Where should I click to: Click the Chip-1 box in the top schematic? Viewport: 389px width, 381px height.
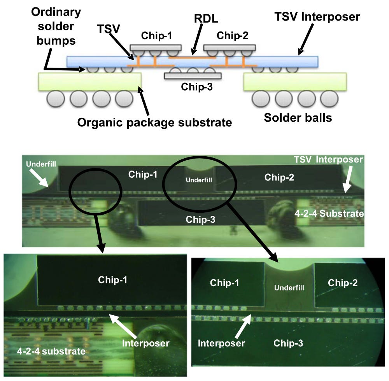coord(156,47)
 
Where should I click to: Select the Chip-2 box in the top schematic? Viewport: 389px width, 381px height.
coord(230,47)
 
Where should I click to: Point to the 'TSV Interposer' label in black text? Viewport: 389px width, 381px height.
coord(317,17)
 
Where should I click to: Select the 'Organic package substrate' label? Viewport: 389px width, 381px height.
coord(154,122)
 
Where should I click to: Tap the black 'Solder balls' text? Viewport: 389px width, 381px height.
coord(298,117)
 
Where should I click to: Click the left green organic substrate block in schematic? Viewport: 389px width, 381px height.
coord(89,82)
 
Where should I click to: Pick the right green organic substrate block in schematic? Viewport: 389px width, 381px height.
coord(294,82)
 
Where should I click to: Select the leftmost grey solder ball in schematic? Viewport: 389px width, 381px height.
coord(55,99)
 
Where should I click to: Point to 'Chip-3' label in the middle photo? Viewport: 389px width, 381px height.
coord(200,219)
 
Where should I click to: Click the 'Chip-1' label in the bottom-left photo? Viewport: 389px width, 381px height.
coord(112,280)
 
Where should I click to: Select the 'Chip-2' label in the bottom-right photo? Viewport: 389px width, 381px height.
coord(343,283)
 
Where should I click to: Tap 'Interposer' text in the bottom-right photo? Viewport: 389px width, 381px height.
coord(221,343)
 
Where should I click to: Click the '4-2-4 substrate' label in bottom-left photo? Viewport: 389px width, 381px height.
coord(51,351)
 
